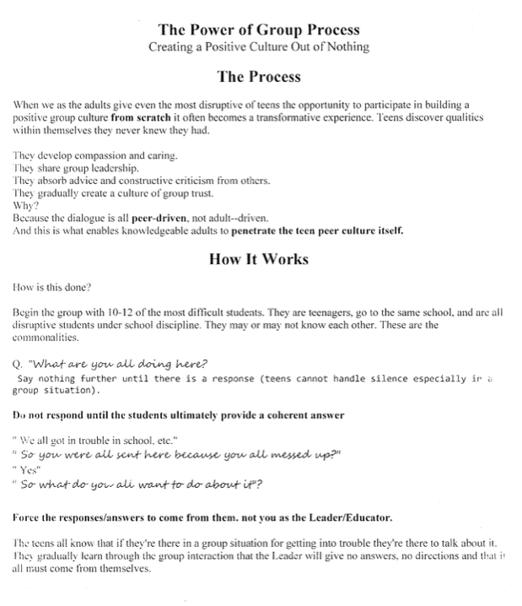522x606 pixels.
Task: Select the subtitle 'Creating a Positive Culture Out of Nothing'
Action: [x=259, y=46]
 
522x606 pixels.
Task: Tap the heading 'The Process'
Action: [x=259, y=77]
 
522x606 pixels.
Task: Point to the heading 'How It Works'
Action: [x=259, y=259]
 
